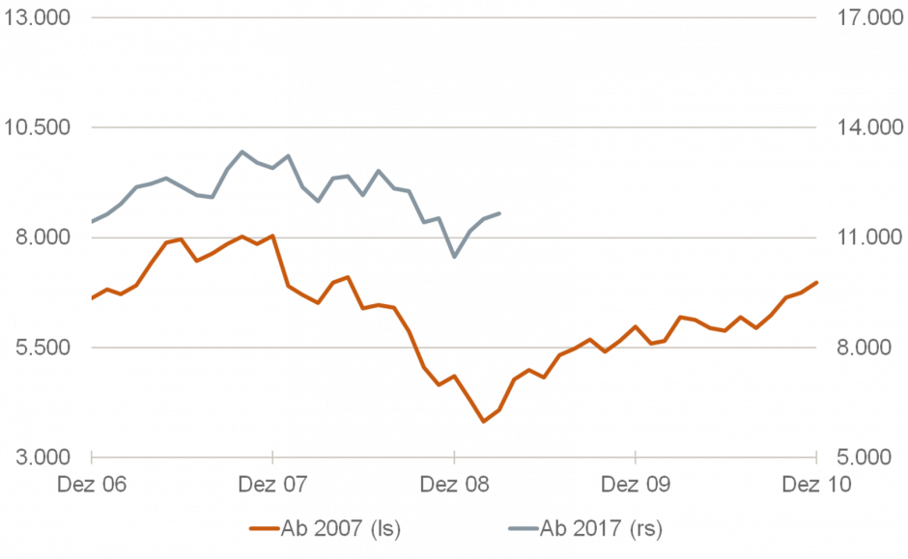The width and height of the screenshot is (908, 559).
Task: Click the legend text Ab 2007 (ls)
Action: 340,528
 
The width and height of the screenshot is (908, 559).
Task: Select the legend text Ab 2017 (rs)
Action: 601,528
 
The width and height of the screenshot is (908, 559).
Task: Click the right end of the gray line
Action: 500,212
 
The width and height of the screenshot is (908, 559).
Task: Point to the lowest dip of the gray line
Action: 454,257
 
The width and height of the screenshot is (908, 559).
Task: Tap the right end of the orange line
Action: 817,282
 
